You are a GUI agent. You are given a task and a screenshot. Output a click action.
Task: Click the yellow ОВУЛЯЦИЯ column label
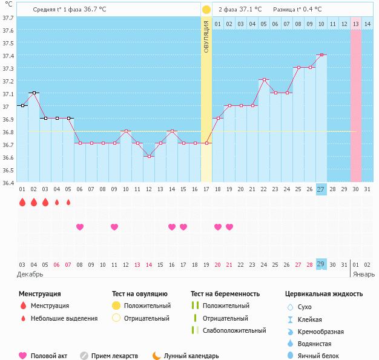tap(206, 36)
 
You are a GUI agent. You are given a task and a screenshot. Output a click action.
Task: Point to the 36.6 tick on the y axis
tap(8, 158)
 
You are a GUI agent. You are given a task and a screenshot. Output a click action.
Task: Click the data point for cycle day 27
tap(321, 55)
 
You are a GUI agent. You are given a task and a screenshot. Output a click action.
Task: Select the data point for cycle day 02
tap(34, 93)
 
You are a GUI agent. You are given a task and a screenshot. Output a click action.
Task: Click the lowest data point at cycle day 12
tap(149, 156)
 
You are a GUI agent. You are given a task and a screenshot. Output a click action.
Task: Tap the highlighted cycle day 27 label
tap(321, 189)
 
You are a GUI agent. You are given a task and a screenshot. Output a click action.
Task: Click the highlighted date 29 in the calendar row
tap(321, 264)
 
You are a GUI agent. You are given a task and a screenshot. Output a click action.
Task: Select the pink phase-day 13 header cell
tap(356, 24)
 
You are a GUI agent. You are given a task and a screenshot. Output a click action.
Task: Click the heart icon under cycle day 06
tap(80, 227)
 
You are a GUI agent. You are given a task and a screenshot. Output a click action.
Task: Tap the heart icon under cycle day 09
tap(114, 227)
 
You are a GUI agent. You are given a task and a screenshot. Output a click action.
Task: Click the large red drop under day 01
tap(22, 202)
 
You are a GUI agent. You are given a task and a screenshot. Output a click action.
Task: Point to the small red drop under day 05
tap(68, 202)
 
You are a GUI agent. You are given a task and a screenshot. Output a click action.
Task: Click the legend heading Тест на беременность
tap(225, 294)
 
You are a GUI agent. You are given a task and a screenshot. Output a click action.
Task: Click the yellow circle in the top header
tap(206, 10)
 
